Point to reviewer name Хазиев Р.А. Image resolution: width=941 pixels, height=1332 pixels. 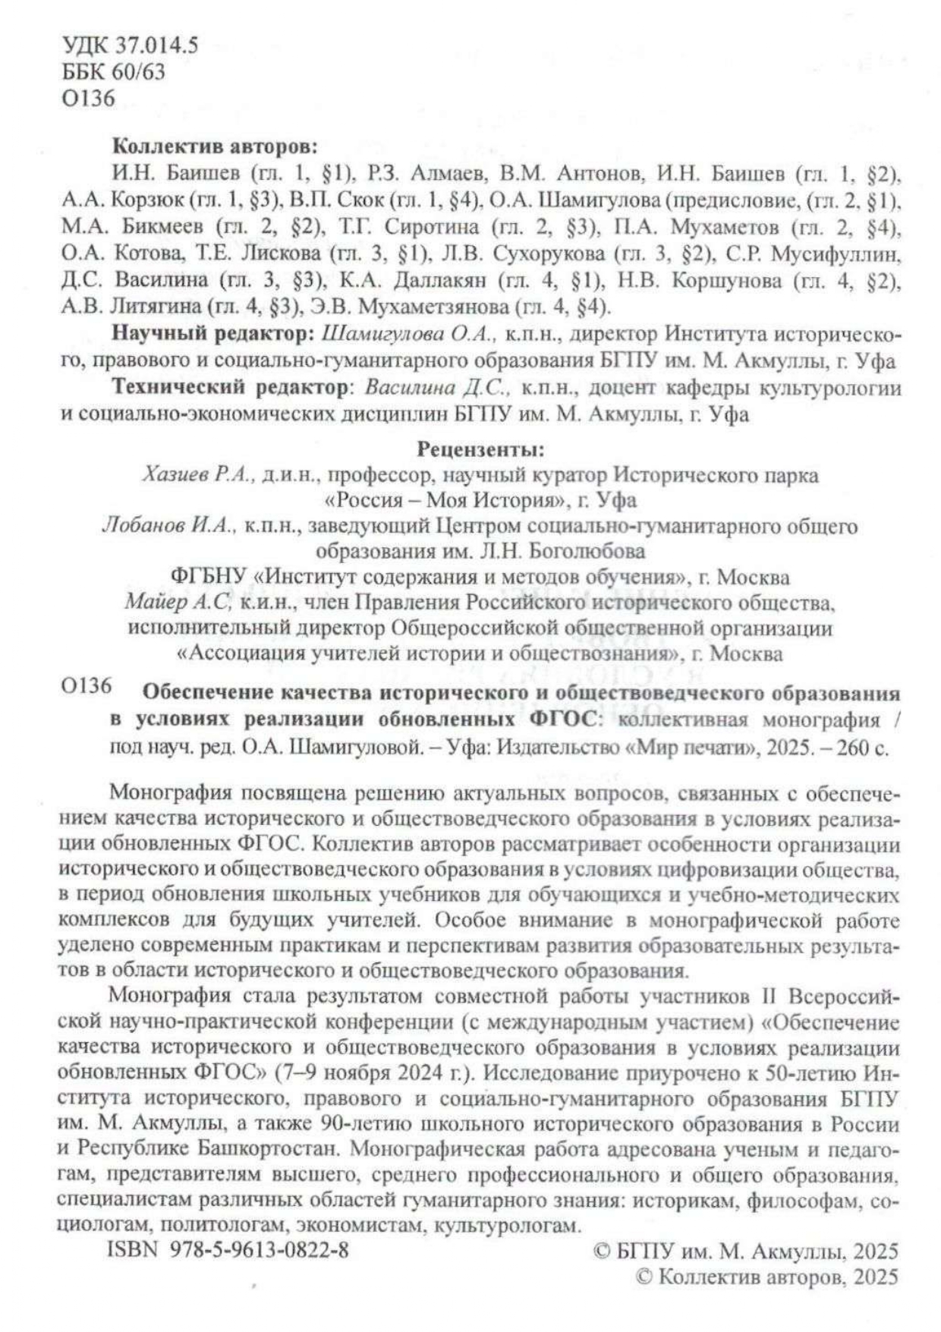pyautogui.click(x=198, y=476)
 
